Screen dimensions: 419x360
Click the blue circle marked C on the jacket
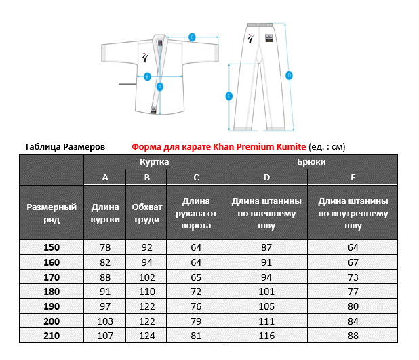pos(192,37)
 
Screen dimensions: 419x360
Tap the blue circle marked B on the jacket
pos(147,77)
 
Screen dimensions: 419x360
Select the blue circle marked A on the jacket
pos(160,87)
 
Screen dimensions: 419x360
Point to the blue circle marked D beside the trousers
pos(289,75)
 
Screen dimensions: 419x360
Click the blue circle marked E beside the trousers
pos(228,96)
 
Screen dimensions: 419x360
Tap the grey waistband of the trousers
pos(260,25)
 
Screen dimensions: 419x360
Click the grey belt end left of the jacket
pos(127,85)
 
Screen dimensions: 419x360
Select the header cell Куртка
pos(154,161)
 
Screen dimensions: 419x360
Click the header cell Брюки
pos(311,161)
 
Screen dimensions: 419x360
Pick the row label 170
pos(52,277)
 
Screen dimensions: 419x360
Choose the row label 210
pos(52,336)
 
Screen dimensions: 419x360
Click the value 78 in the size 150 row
pos(105,247)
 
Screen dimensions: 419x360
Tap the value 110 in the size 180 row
pos(147,292)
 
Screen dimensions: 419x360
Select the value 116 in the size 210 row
pos(266,336)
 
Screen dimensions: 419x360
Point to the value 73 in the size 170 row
pos(353,277)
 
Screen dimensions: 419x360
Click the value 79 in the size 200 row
pos(196,321)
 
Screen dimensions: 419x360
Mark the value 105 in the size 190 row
pos(266,306)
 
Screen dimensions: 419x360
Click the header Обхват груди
pos(147,214)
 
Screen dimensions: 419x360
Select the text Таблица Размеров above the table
pos(64,147)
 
